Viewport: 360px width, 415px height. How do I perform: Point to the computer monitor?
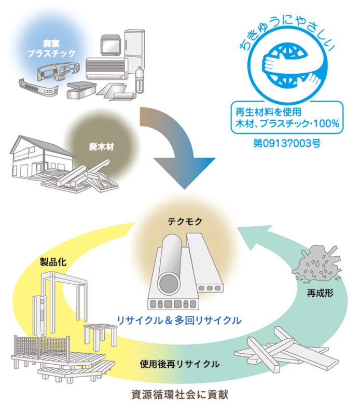click(x=112, y=45)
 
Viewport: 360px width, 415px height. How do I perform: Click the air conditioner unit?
click(x=106, y=66)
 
